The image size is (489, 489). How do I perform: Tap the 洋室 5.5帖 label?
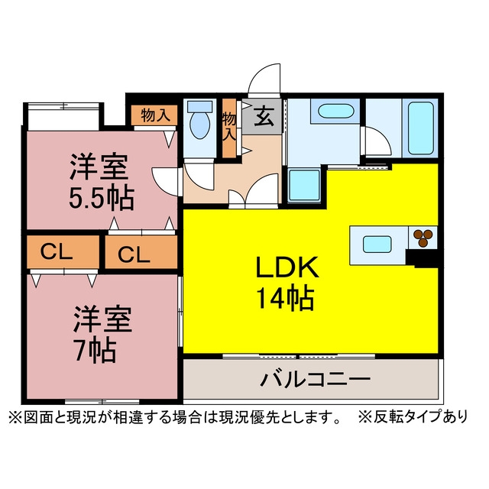101,181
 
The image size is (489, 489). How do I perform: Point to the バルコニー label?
314,379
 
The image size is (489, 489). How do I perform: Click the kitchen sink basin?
378,245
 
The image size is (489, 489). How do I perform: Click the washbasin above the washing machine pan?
333,112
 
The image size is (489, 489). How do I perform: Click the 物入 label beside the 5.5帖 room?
155,115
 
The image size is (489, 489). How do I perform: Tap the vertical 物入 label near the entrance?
228,127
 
